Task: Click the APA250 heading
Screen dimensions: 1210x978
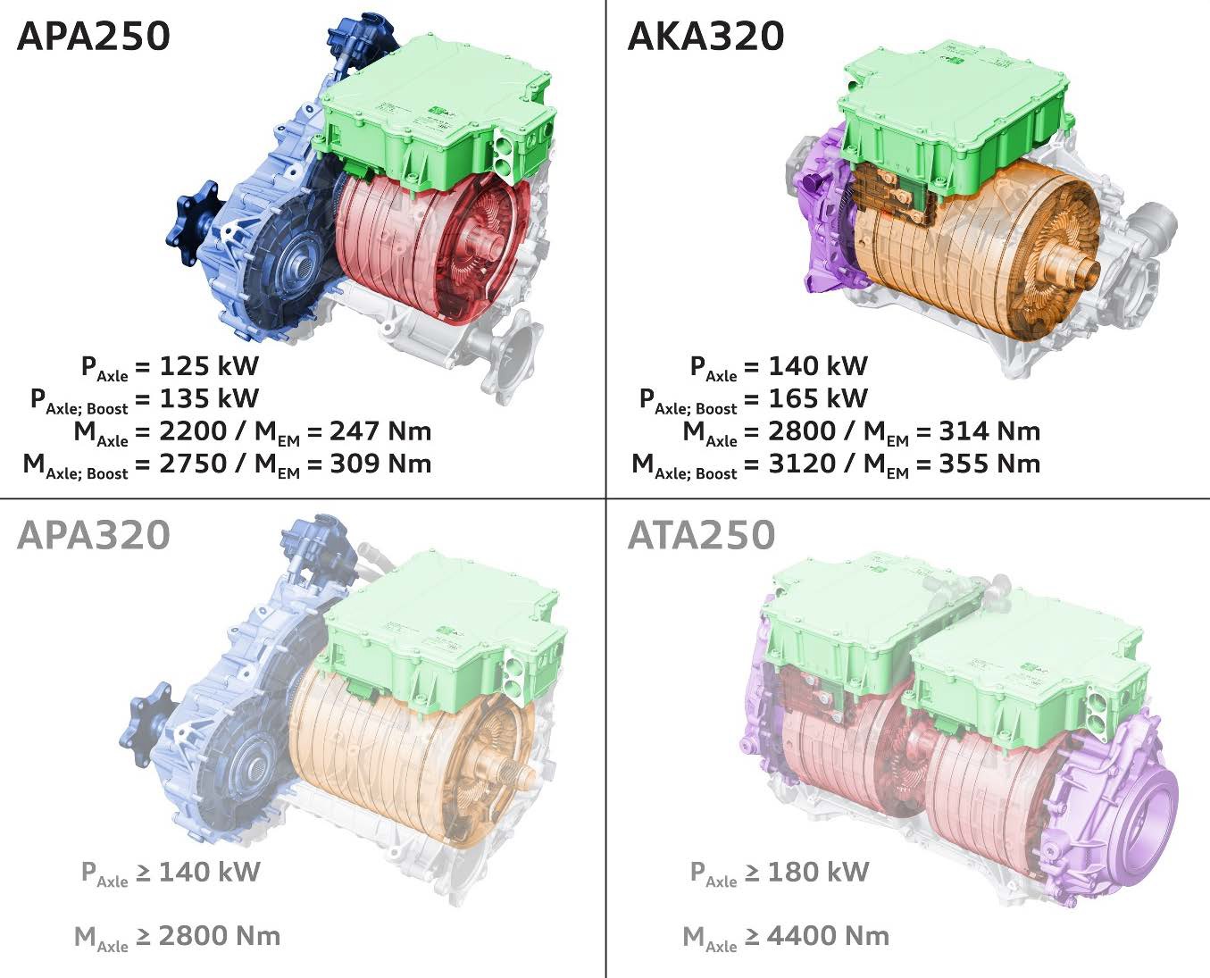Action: click(94, 36)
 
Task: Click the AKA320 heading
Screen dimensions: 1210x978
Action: click(705, 36)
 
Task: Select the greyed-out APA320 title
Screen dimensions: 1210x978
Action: click(94, 535)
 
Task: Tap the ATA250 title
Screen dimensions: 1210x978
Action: click(701, 535)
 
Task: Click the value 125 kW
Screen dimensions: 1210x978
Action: click(209, 365)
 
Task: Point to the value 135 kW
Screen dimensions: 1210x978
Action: click(209, 397)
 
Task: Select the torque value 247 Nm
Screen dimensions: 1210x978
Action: click(380, 430)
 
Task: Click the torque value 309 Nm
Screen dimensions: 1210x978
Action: click(380, 464)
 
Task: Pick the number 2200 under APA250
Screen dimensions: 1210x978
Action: click(193, 430)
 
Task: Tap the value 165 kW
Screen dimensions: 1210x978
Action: click(818, 397)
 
